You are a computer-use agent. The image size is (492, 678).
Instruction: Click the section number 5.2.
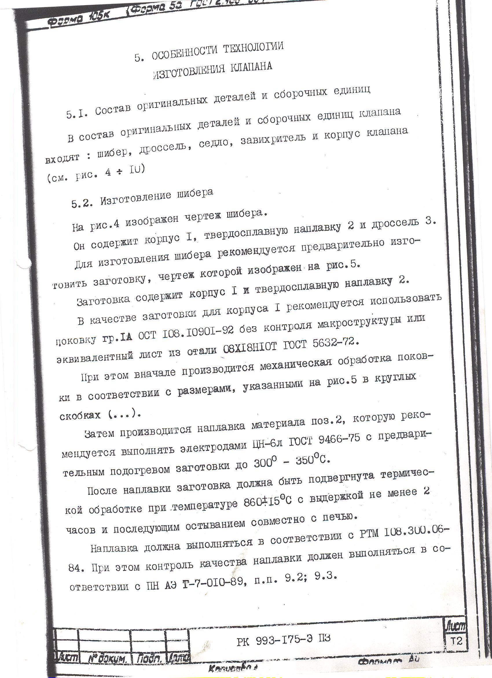(x=81, y=203)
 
